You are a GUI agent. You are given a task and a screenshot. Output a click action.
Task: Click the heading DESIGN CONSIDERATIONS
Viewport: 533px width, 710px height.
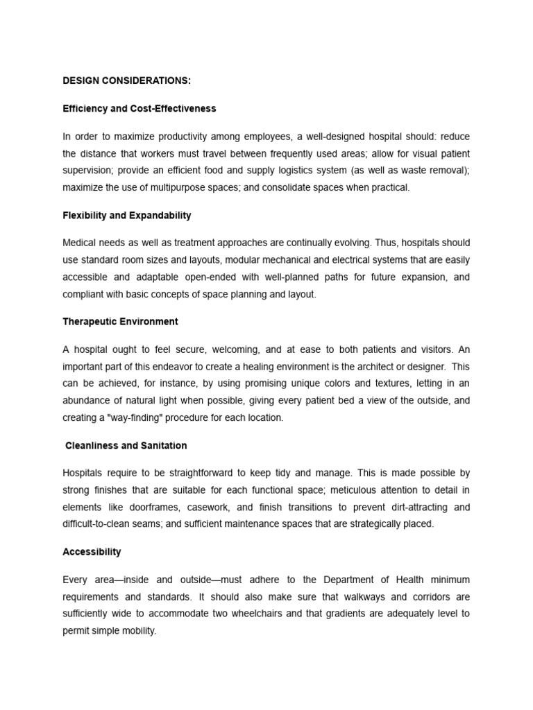click(126, 81)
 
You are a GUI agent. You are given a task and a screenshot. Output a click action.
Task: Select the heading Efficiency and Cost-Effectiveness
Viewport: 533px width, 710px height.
click(139, 109)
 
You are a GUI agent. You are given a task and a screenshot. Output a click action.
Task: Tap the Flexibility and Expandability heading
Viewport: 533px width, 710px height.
click(126, 216)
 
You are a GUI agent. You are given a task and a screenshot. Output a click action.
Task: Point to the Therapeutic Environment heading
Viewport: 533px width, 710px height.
click(120, 322)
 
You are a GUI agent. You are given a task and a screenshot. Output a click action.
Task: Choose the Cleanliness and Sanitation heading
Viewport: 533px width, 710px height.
click(126, 445)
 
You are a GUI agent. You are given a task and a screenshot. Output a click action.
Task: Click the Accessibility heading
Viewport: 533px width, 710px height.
click(92, 552)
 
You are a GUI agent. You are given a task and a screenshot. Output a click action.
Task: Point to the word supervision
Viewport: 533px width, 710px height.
click(87, 171)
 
